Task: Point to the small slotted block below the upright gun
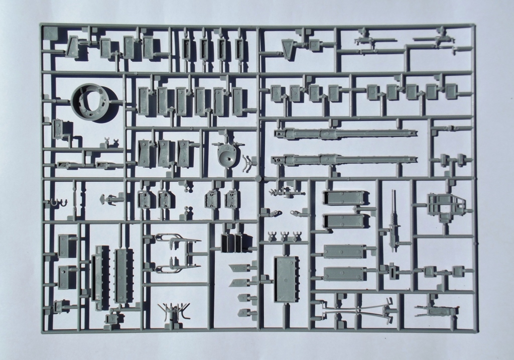pyautogui.click(x=394, y=271)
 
